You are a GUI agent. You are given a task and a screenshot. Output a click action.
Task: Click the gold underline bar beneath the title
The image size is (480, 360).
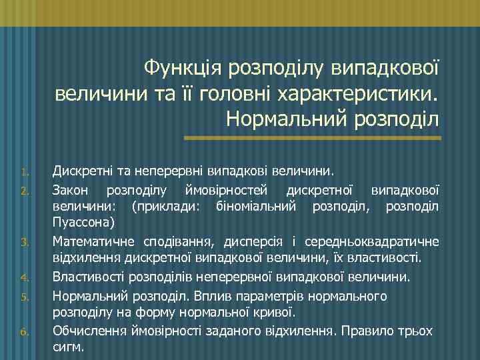[x=312, y=138]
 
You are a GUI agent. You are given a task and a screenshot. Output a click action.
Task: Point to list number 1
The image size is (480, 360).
[x=22, y=173]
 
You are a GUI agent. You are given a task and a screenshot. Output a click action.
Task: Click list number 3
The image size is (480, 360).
[x=22, y=242]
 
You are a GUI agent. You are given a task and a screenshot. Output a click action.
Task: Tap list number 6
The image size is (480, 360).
[x=22, y=333]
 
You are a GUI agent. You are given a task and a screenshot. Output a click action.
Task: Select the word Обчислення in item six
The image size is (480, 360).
[x=88, y=331]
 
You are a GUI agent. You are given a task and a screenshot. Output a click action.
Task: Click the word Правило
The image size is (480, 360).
[x=371, y=331]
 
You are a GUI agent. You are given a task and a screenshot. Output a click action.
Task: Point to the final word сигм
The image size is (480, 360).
[x=68, y=347]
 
